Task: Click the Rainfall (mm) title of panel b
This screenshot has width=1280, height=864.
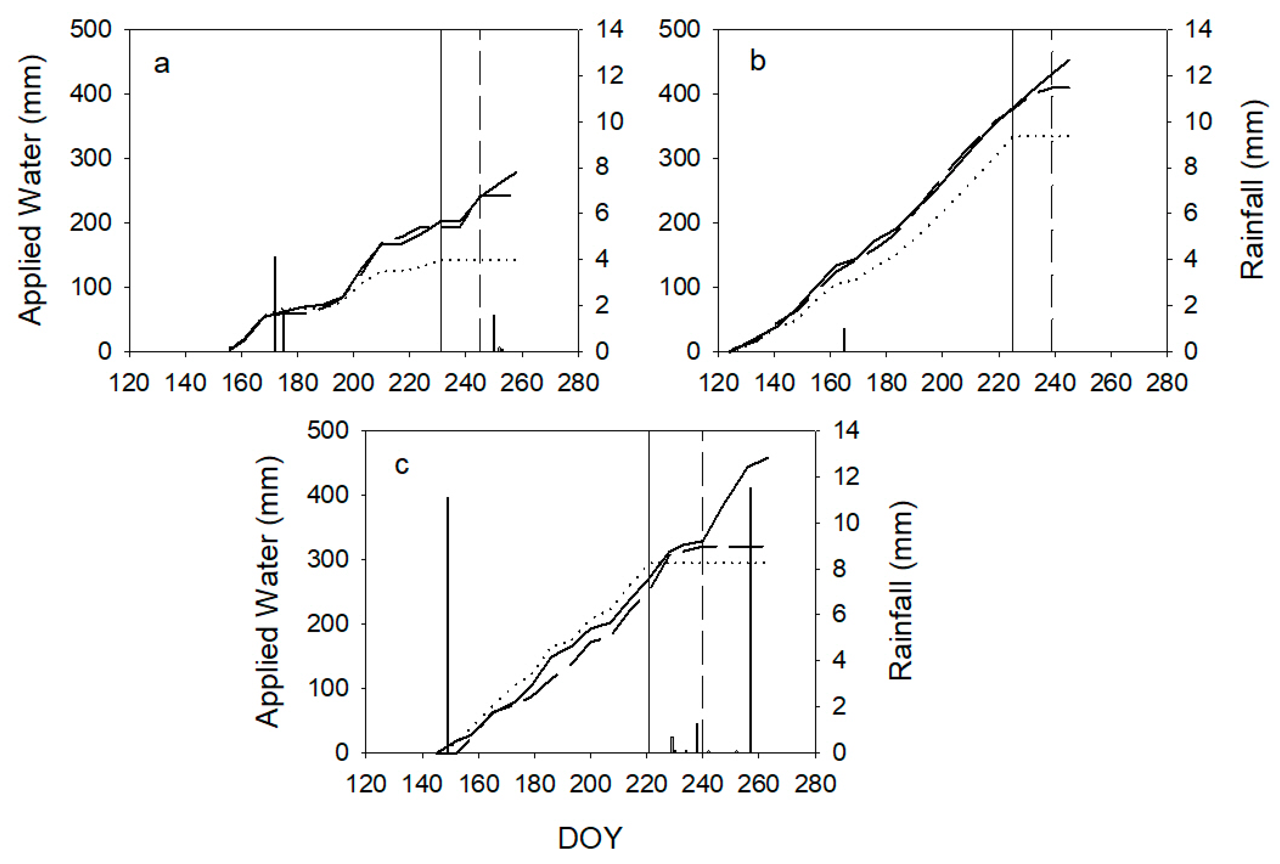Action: tap(1251, 190)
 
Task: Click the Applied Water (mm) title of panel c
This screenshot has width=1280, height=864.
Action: tap(268, 591)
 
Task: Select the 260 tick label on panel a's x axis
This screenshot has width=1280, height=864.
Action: tap(522, 383)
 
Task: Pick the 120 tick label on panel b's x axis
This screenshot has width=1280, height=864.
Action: tap(719, 383)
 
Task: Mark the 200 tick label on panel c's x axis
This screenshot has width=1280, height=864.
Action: tap(590, 784)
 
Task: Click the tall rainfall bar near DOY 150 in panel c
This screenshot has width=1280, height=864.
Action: tap(448, 622)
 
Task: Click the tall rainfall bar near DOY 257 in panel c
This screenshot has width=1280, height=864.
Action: tap(750, 617)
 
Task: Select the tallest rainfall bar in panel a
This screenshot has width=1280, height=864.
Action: tap(274, 303)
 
